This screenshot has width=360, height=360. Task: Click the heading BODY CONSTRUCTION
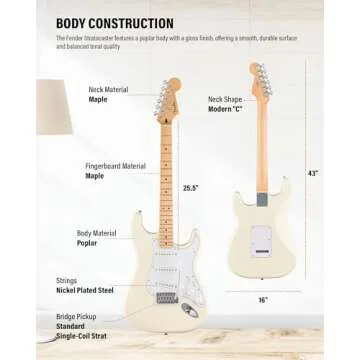(x=114, y=23)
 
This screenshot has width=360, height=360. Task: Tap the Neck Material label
(x=109, y=89)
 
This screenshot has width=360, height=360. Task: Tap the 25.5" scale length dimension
(x=190, y=188)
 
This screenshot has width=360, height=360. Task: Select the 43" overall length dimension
(x=314, y=173)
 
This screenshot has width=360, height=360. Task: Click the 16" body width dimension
(x=261, y=299)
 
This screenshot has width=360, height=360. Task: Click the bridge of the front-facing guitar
(x=166, y=297)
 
